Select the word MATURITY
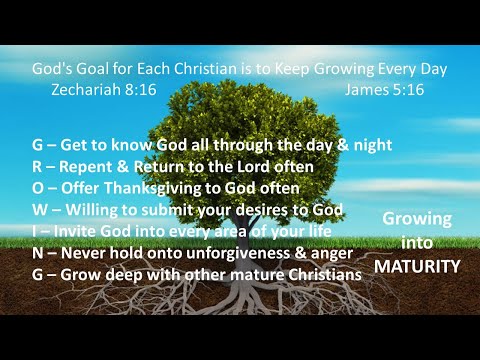[x=417, y=267]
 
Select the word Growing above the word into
[x=417, y=219]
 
